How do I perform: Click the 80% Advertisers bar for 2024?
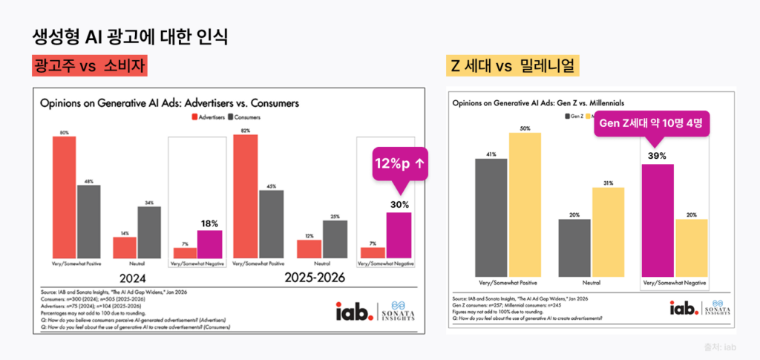64,197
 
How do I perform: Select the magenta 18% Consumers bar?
210,243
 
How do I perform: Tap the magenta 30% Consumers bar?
399,235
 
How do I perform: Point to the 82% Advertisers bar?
245,196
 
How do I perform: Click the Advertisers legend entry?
210,117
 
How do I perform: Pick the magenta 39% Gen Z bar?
657,220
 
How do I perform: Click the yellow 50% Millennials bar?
525,204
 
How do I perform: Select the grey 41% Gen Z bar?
491,217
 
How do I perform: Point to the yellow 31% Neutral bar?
607,231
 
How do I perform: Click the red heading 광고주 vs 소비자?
89,66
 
